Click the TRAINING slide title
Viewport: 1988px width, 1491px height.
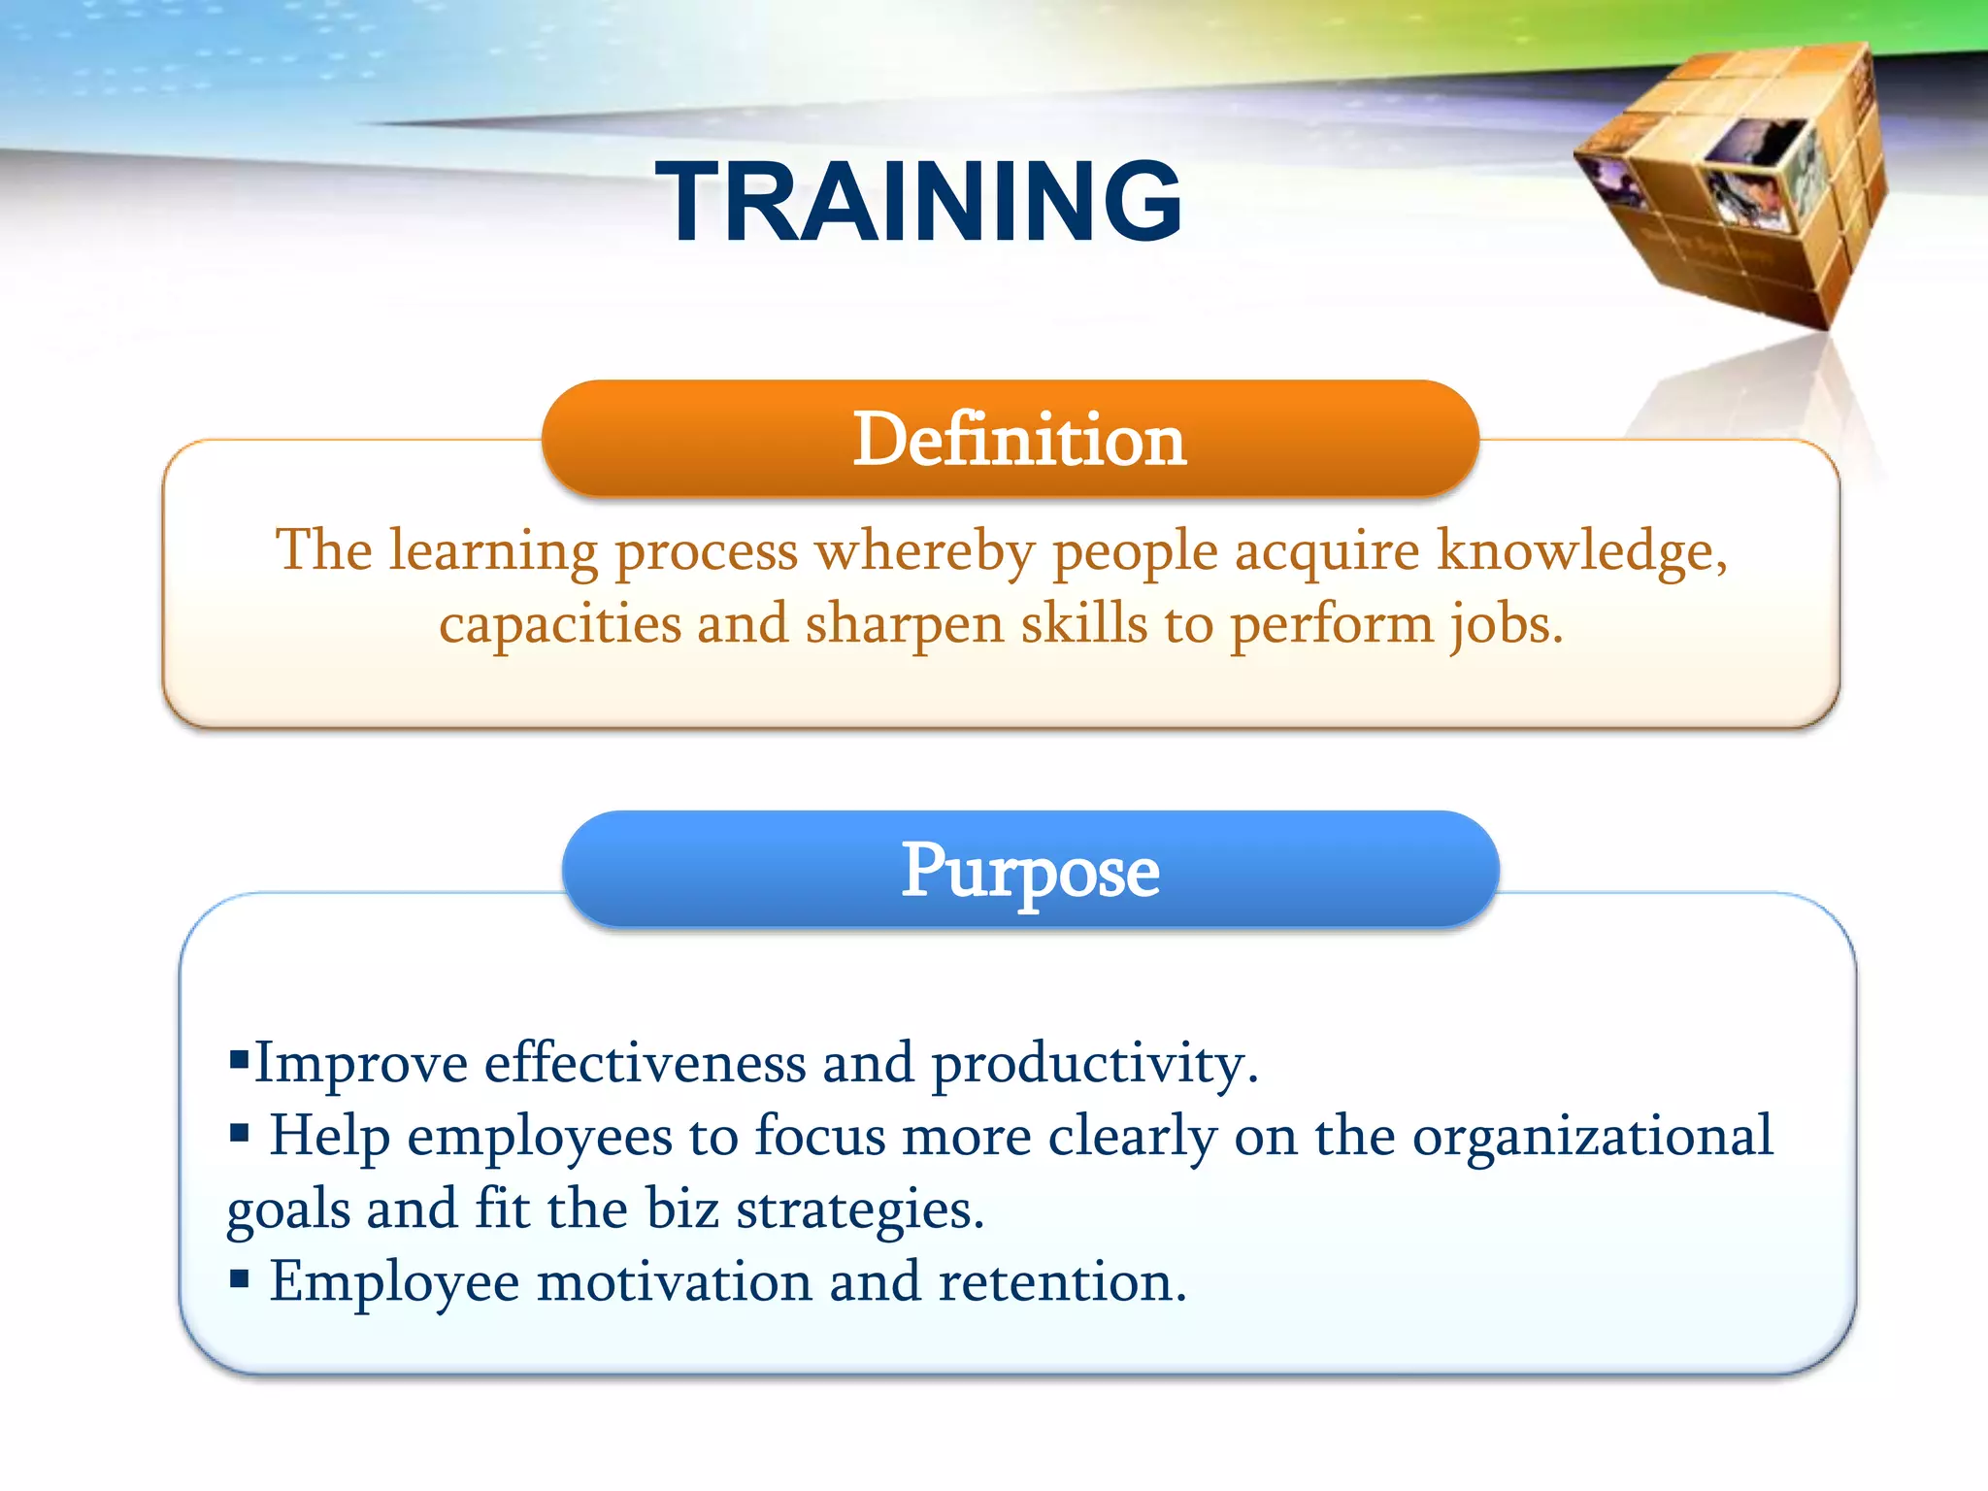pyautogui.click(x=918, y=202)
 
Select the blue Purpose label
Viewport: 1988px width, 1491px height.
pyautogui.click(x=1029, y=871)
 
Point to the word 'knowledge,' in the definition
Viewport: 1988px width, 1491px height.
pyautogui.click(x=1582, y=550)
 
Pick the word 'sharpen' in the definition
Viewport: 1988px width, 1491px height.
pyautogui.click(x=904, y=623)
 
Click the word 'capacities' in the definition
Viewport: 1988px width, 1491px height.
pyautogui.click(x=559, y=623)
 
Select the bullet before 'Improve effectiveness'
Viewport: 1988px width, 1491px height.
pyautogui.click(x=239, y=1057)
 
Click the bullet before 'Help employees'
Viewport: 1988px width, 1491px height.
pyautogui.click(x=239, y=1131)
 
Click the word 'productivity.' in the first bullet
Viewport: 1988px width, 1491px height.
pyautogui.click(x=1095, y=1064)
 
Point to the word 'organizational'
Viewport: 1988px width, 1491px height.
pyautogui.click(x=1592, y=1137)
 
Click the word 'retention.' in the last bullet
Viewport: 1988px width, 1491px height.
pyautogui.click(x=1062, y=1282)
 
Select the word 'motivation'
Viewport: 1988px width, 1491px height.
pyautogui.click(x=674, y=1282)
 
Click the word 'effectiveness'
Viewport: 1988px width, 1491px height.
pyautogui.click(x=645, y=1064)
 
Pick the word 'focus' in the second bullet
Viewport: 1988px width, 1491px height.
pyautogui.click(x=819, y=1137)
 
